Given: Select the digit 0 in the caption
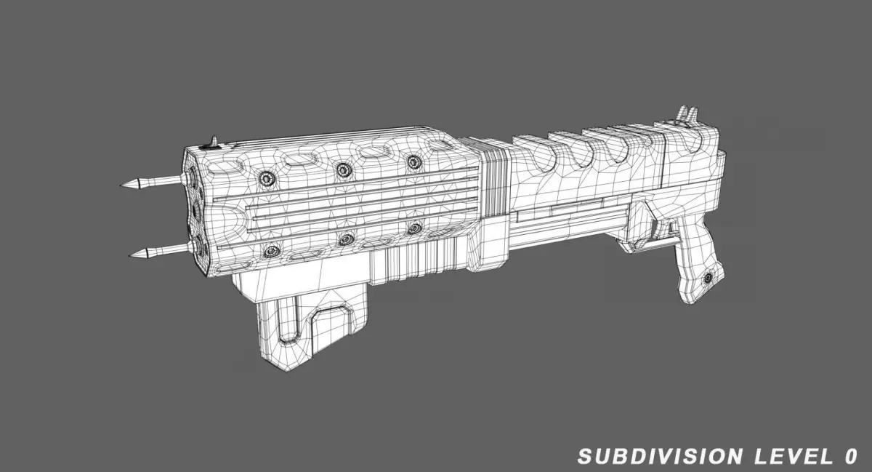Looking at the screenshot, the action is tap(852, 456).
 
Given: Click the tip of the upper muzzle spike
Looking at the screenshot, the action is tap(121, 185).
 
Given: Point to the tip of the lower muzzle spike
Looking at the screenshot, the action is tap(130, 256).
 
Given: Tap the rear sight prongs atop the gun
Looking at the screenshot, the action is tap(688, 113).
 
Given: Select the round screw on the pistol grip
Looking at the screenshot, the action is tap(708, 278).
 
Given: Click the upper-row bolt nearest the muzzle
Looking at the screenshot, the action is tap(267, 178).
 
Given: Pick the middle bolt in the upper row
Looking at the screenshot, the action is tap(344, 169).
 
